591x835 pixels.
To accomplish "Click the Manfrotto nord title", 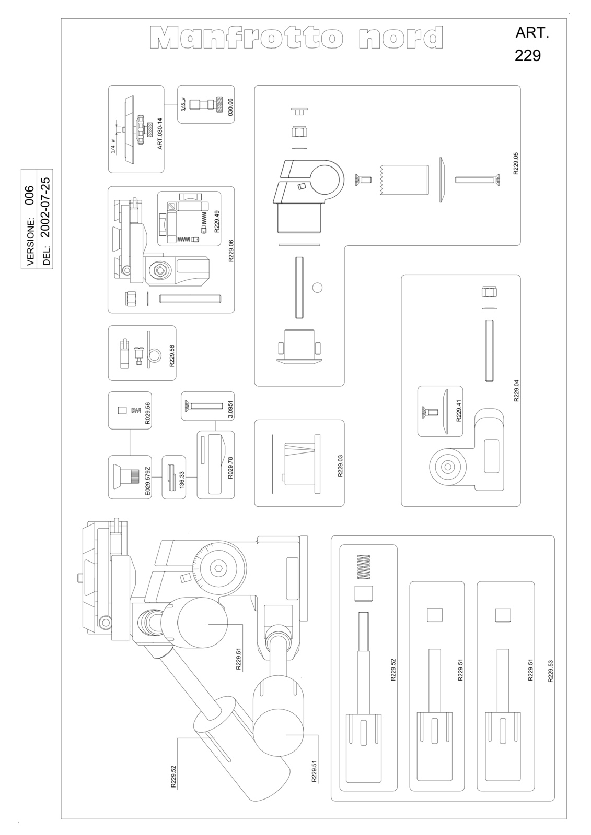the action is tap(297, 37).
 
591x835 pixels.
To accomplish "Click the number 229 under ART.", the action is tap(528, 56).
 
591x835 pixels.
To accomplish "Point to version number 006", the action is tap(29, 195).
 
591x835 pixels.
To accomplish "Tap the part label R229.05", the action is tap(516, 163).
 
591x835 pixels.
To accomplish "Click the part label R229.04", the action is tap(516, 390).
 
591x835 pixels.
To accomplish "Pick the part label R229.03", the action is tap(340, 466).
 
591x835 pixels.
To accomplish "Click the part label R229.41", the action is tap(459, 410).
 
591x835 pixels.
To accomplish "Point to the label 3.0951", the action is tap(230, 410).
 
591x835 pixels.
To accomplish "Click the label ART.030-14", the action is tap(160, 134).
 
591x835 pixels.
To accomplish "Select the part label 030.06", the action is tap(230, 106).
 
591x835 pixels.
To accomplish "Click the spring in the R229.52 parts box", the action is tap(364, 567).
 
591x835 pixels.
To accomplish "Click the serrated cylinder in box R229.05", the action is tap(404, 180).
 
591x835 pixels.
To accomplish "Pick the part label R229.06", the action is tap(231, 251).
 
